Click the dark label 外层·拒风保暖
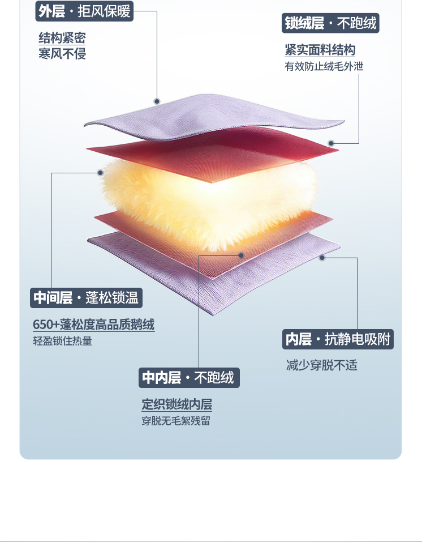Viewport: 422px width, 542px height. [84, 11]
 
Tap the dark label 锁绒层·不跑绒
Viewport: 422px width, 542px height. [330, 23]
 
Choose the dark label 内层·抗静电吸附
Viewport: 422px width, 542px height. [338, 339]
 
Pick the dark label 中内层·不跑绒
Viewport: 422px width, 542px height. [189, 378]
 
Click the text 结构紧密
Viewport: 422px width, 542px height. [62, 38]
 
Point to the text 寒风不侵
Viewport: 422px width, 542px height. [62, 54]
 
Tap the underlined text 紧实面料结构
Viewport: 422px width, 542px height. [320, 50]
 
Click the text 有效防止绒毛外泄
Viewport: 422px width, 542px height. [324, 66]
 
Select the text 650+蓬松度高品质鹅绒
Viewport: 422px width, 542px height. [93, 325]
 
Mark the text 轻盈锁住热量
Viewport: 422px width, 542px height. [62, 342]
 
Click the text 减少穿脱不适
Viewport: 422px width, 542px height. [322, 365]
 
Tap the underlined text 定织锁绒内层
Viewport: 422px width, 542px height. [176, 405]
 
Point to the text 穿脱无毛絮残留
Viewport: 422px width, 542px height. [175, 421]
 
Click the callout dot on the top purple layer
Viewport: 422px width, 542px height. [157, 101]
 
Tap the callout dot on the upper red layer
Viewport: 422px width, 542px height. [331, 143]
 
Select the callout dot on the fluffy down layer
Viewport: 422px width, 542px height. [101, 172]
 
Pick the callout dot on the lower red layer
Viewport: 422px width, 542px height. [241, 255]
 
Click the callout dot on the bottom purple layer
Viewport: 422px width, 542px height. [322, 258]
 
